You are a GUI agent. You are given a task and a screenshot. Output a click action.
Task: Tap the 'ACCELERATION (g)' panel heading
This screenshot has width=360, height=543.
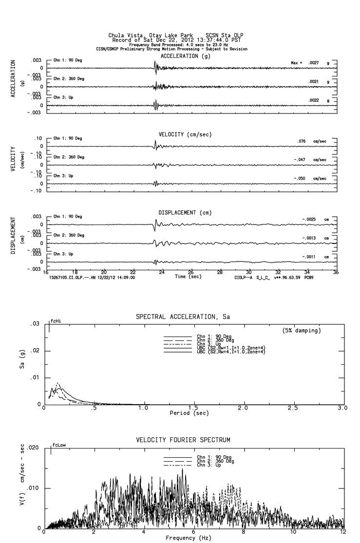click(x=186, y=56)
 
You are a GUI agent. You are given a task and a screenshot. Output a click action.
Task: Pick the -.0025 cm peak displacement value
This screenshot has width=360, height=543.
click(x=310, y=220)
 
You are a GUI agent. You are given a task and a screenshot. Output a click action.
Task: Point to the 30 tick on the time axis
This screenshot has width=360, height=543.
click(x=249, y=272)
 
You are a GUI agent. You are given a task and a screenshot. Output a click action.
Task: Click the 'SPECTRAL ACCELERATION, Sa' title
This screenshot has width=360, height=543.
click(x=182, y=317)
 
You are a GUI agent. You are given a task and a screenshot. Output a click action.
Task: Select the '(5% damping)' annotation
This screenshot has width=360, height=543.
click(x=302, y=331)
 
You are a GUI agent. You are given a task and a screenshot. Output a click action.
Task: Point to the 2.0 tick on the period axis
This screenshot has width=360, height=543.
click(x=243, y=408)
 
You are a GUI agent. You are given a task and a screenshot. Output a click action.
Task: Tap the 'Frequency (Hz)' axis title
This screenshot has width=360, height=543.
click(x=188, y=538)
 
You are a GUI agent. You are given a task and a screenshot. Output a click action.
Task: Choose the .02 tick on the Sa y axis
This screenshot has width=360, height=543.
click(x=36, y=351)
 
